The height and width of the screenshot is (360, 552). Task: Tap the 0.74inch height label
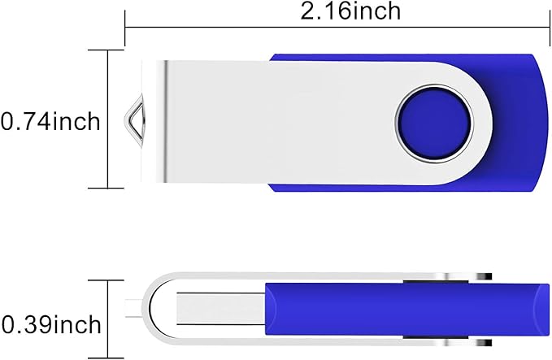click(50, 122)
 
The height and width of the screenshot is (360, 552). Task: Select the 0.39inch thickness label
click(50, 324)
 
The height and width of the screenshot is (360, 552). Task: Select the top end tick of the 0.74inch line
click(110, 50)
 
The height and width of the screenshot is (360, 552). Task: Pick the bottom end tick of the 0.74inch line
click(110, 189)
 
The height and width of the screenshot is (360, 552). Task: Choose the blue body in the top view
click(512, 122)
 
